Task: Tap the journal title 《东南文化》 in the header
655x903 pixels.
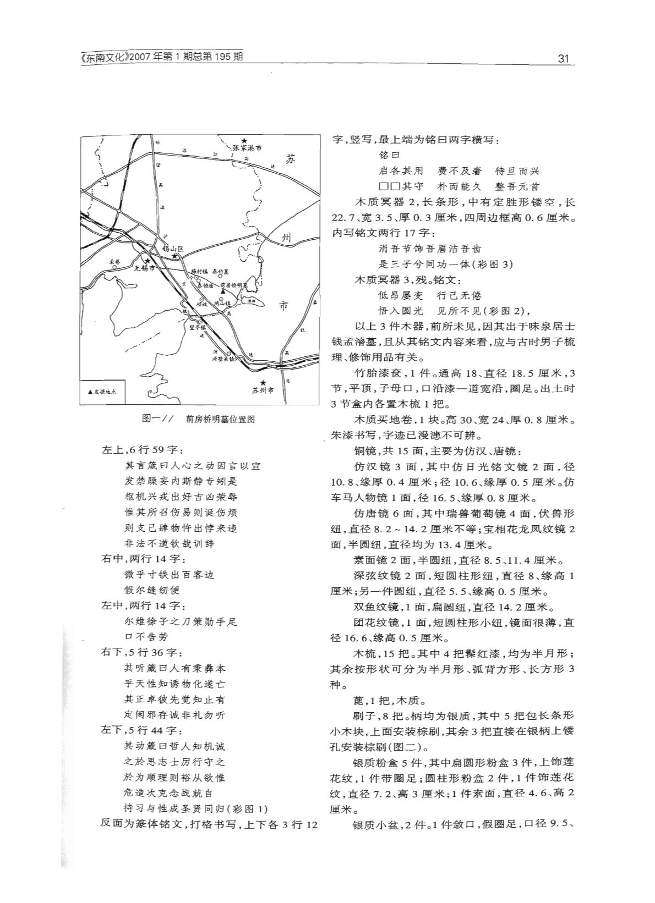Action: click(105, 57)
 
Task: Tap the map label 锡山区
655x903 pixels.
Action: click(172, 249)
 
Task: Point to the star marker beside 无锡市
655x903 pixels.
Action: click(148, 261)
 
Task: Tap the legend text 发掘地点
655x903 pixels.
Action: click(108, 393)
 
